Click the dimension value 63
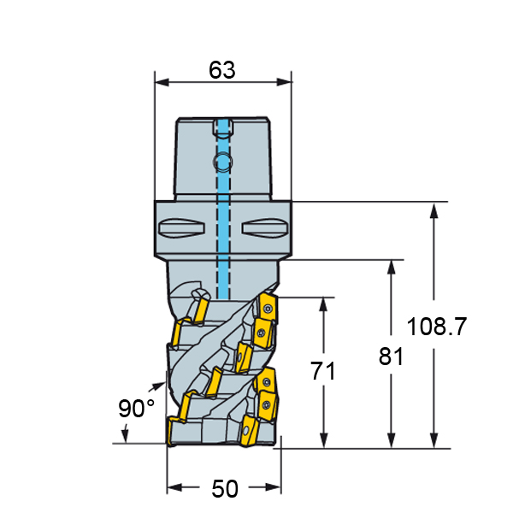[222, 70]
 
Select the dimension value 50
[225, 489]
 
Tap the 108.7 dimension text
[436, 327]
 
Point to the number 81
[391, 357]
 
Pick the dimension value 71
[323, 371]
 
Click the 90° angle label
[136, 408]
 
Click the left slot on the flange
[181, 227]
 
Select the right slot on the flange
[265, 227]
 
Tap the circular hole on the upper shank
[223, 162]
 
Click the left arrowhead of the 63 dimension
[162, 82]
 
